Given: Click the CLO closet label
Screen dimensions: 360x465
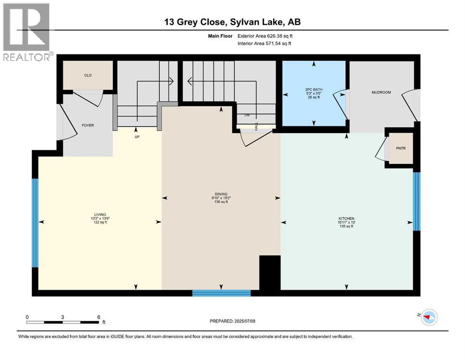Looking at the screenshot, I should pyautogui.click(x=88, y=75).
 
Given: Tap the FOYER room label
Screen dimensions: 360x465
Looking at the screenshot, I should pyautogui.click(x=88, y=126).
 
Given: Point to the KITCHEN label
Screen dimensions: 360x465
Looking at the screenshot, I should pyautogui.click(x=347, y=218).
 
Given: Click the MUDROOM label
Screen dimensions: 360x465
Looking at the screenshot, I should pyautogui.click(x=381, y=92).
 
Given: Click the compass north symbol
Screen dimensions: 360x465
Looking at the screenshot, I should pyautogui.click(x=428, y=317).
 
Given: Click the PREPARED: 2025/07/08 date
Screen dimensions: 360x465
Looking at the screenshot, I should pyautogui.click(x=232, y=321).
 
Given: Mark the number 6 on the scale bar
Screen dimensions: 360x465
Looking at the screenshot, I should pyautogui.click(x=98, y=317).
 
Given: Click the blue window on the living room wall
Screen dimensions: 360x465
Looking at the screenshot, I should pyautogui.click(x=35, y=223).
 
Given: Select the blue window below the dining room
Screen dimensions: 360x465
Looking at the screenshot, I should pyautogui.click(x=221, y=293).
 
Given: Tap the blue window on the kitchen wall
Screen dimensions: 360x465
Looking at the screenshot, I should pyautogui.click(x=417, y=202).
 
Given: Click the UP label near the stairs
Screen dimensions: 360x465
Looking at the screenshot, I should pyautogui.click(x=137, y=137).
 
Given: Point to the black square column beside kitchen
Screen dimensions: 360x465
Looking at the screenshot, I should pyautogui.click(x=269, y=273).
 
